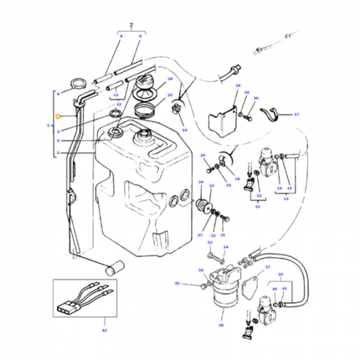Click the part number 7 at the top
131,27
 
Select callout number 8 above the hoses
121,38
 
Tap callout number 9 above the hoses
140,38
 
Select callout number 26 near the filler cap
170,80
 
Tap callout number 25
170,95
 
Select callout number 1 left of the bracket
49,123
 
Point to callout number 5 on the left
58,141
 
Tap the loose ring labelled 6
78,83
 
